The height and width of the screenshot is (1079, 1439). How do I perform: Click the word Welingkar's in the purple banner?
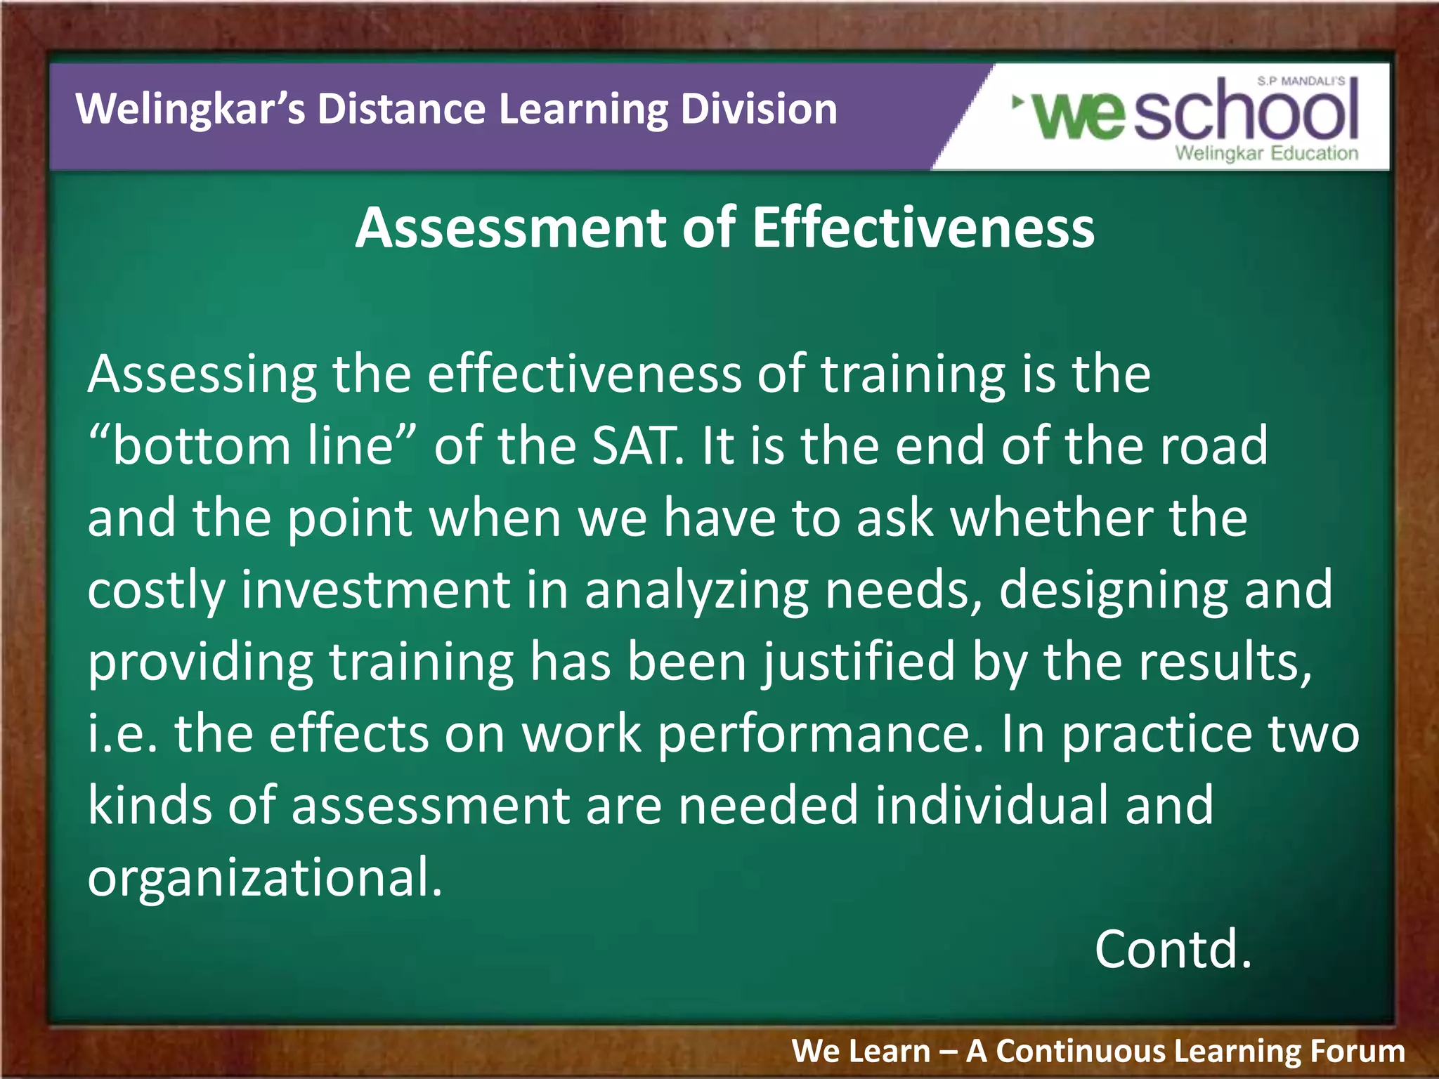pyautogui.click(x=190, y=110)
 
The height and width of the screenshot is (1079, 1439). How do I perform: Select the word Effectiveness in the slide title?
pyautogui.click(x=923, y=228)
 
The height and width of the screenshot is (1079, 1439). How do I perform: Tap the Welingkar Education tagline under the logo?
pyautogui.click(x=1266, y=154)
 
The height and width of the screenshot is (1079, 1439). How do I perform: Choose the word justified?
pyautogui.click(x=859, y=663)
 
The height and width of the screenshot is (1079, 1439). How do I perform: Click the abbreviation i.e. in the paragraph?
pyautogui.click(x=122, y=734)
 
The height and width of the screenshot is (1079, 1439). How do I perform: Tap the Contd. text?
pyautogui.click(x=1173, y=950)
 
